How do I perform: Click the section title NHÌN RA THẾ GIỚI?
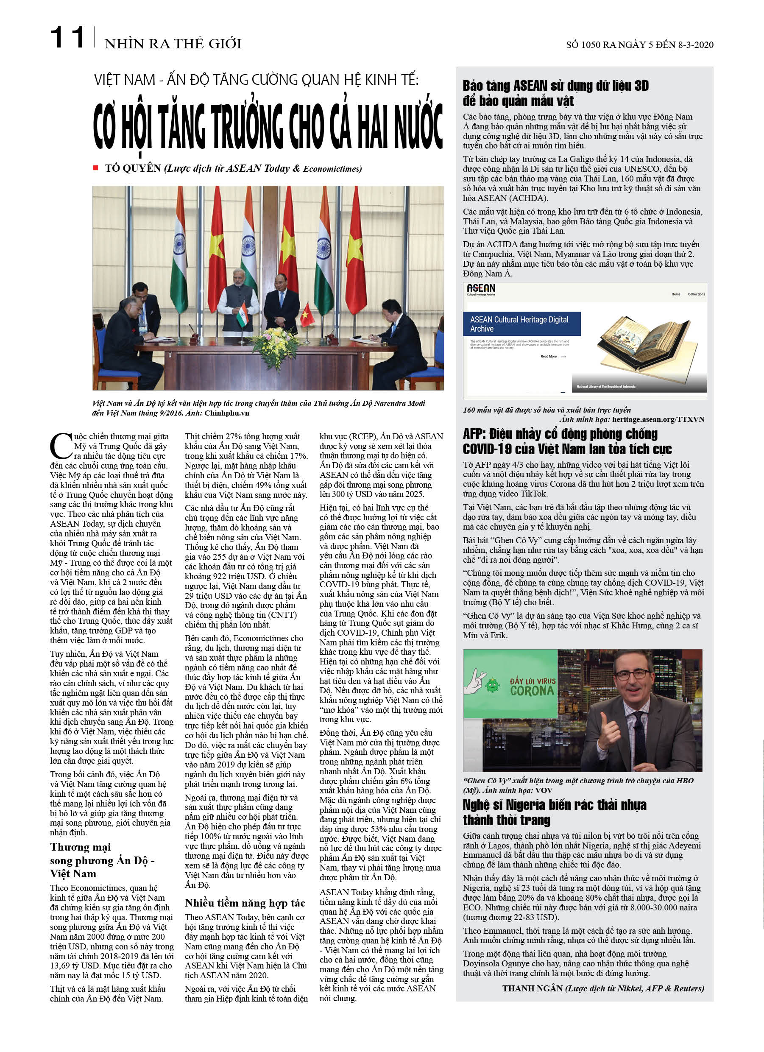click(173, 44)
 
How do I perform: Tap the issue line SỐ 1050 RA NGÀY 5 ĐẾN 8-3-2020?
click(639, 45)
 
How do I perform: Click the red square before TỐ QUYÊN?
click(95, 168)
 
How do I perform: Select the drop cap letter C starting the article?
click(60, 446)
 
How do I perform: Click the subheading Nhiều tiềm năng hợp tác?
click(245, 902)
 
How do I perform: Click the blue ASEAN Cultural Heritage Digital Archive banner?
click(521, 324)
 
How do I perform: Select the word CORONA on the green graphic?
click(532, 691)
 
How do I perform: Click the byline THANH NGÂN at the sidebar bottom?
click(533, 988)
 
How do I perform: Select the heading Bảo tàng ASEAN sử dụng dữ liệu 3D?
click(555, 86)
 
